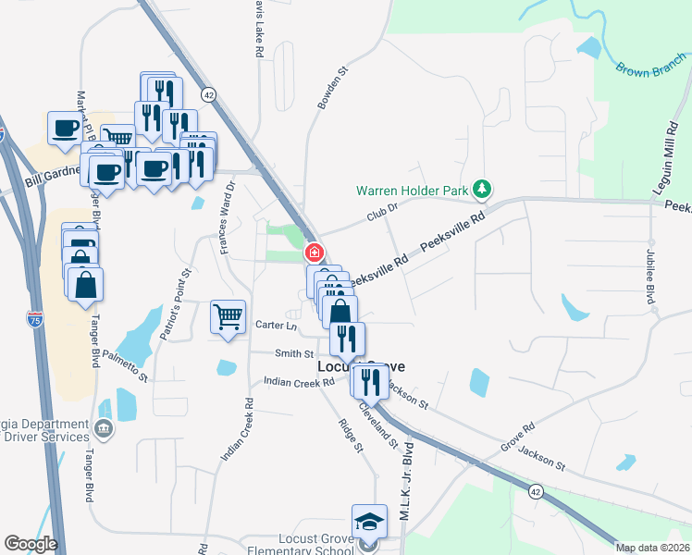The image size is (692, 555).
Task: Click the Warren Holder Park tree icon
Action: [x=481, y=191]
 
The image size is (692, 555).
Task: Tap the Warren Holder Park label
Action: [x=414, y=191]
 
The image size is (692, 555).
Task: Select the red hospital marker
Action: [x=315, y=252]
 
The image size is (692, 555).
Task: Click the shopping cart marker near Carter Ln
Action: [x=228, y=316]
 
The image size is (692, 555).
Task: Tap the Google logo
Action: [x=31, y=544]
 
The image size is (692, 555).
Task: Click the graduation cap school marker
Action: [x=369, y=521]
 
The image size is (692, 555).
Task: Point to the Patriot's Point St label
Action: [x=175, y=303]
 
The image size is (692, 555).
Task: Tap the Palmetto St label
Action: [x=125, y=364]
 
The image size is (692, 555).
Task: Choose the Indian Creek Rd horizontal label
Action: [x=299, y=381]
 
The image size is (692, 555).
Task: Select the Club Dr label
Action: [x=381, y=213]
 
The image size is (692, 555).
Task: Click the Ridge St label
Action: [x=351, y=436]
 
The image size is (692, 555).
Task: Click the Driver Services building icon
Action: [x=103, y=428]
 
